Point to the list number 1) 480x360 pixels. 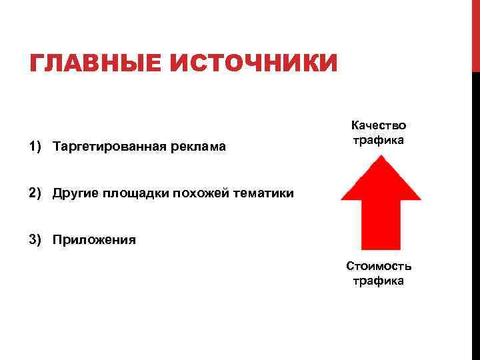pos(37,145)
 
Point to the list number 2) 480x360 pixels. pos(37,193)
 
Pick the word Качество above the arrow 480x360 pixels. pos(379,126)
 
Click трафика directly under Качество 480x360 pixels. pos(379,141)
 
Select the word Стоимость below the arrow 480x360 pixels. pos(379,266)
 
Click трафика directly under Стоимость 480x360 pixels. pos(379,281)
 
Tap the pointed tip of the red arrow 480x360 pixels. pos(381,158)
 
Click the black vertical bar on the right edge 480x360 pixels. pos(475,213)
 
